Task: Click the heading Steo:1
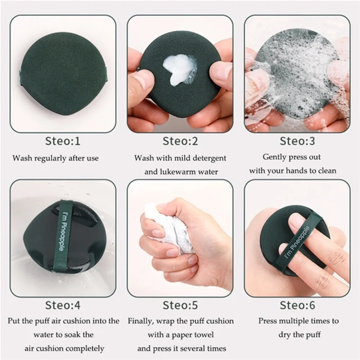(x=63, y=141)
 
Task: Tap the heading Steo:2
(x=180, y=141)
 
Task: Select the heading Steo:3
(x=297, y=141)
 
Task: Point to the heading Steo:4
(x=63, y=305)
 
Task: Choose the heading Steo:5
(x=180, y=305)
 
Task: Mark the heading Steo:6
(x=297, y=305)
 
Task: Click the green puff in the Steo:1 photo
(x=63, y=74)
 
